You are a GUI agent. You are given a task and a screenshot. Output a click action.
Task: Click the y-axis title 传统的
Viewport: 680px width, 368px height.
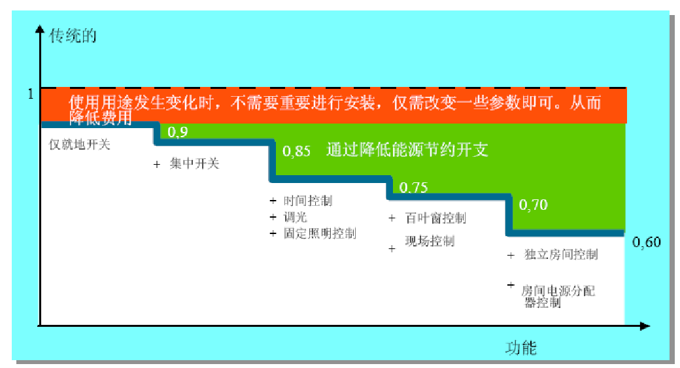73,36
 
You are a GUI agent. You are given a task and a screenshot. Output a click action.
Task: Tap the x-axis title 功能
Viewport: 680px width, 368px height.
521,348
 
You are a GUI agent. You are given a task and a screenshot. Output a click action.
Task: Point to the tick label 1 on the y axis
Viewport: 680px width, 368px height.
30,93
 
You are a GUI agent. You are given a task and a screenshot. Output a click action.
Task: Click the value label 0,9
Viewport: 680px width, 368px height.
177,132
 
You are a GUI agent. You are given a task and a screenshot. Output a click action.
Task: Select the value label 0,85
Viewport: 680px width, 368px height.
297,151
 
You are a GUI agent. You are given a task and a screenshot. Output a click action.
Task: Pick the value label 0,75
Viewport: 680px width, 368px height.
413,187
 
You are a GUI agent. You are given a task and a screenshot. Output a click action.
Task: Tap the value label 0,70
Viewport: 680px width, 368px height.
534,204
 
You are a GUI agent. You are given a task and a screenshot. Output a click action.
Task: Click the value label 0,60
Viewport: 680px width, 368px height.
647,242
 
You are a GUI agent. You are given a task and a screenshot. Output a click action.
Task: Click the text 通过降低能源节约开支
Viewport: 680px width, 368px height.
407,150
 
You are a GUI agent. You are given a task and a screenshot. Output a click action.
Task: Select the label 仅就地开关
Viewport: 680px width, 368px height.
79,144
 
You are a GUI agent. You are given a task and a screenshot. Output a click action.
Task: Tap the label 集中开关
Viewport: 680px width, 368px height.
194,163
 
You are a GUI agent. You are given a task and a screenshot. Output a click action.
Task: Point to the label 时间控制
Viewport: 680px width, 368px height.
308,201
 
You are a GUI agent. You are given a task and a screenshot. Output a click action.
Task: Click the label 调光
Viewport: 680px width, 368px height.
296,217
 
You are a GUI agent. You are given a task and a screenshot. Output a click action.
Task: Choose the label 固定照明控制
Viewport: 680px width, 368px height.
320,233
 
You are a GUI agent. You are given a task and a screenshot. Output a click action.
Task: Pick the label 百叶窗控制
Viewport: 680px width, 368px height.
435,218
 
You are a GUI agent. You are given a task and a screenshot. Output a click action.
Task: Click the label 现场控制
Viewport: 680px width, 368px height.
430,241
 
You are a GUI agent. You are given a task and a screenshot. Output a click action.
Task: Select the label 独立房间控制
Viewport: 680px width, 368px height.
561,254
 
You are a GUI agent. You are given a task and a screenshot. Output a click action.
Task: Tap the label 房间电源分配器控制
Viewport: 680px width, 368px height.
558,297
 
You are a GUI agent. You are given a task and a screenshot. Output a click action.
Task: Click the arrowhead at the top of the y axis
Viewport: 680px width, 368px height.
40,29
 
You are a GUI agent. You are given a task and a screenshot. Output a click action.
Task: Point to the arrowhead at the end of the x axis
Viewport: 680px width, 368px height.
645,326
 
